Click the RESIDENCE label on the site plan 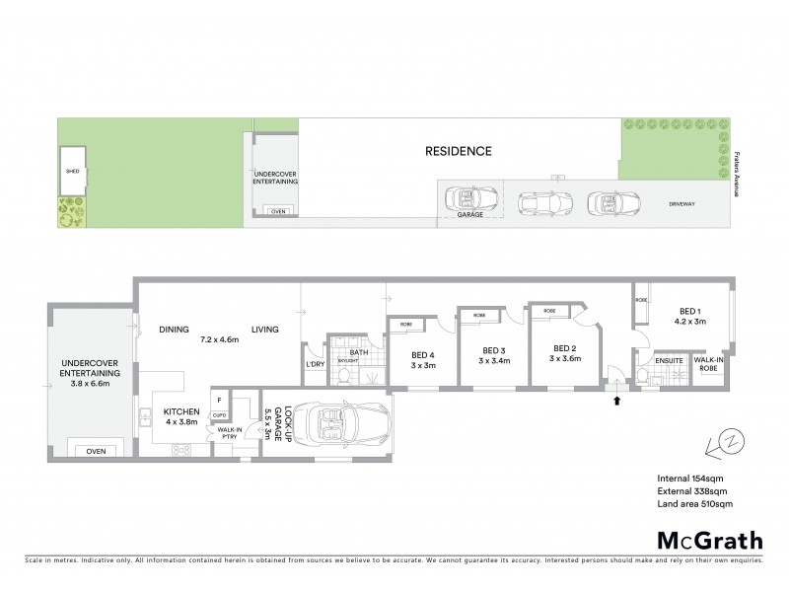pos(458,152)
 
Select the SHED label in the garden pos(71,171)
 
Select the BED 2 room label pos(564,348)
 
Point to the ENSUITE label pos(673,361)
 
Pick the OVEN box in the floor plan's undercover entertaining pos(96,451)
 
